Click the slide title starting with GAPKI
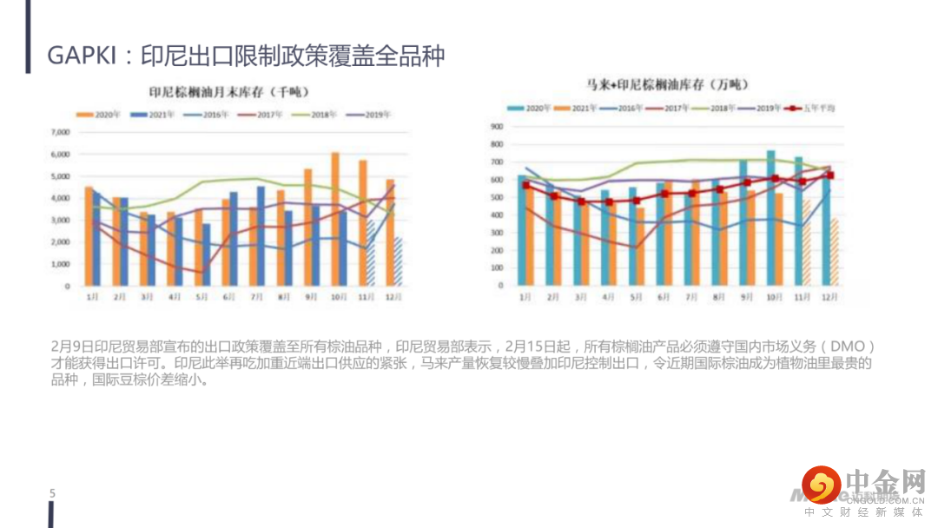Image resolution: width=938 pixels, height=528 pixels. (246, 56)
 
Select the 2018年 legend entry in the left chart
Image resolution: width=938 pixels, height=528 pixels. (319, 115)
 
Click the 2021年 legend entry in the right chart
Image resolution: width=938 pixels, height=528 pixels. (585, 109)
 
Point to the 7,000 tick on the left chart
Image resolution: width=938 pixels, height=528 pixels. (59, 133)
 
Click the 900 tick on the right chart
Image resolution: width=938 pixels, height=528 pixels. (498, 126)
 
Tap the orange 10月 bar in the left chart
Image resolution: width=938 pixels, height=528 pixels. (335, 220)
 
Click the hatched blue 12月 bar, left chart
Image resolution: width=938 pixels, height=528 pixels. (398, 261)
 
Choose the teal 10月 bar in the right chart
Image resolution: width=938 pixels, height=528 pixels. (770, 218)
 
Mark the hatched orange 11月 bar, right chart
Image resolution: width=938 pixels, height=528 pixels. (807, 242)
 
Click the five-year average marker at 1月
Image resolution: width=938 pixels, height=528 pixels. (525, 185)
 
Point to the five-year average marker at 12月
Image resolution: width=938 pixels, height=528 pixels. (829, 175)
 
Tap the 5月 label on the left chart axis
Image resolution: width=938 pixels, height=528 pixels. (201, 297)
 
